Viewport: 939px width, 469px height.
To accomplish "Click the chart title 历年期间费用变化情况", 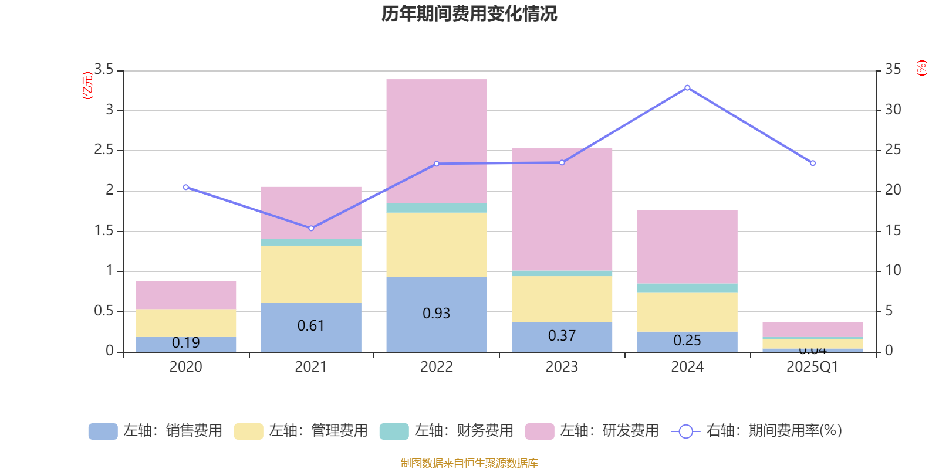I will point(469,13).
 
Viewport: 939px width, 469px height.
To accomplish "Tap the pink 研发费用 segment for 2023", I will point(562,209).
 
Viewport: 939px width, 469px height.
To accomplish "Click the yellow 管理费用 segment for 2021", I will point(310,274).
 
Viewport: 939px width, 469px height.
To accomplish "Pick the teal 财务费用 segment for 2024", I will point(687,288).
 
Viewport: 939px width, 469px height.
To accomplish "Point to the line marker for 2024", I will point(687,88).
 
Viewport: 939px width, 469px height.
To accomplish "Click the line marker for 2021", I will point(311,228).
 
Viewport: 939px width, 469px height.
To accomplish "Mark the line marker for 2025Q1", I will point(813,163).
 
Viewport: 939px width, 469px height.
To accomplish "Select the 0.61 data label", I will point(310,326).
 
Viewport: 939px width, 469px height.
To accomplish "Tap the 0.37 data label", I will point(562,336).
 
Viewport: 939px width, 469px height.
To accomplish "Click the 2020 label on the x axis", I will point(185,367).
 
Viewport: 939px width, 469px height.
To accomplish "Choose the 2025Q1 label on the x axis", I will point(812,367).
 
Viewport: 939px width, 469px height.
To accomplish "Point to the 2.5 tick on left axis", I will point(104,150).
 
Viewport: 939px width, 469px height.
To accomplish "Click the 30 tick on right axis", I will point(893,110).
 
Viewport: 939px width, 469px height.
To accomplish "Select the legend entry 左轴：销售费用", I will point(156,431).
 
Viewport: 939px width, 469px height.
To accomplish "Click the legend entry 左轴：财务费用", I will point(447,431).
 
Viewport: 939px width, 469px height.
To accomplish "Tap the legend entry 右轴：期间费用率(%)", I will point(757,431).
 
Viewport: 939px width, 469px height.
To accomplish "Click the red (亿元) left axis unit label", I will point(87,86).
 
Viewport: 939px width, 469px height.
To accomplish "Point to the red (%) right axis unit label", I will point(921,68).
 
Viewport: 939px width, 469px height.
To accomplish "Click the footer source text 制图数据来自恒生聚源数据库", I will point(469,463).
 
